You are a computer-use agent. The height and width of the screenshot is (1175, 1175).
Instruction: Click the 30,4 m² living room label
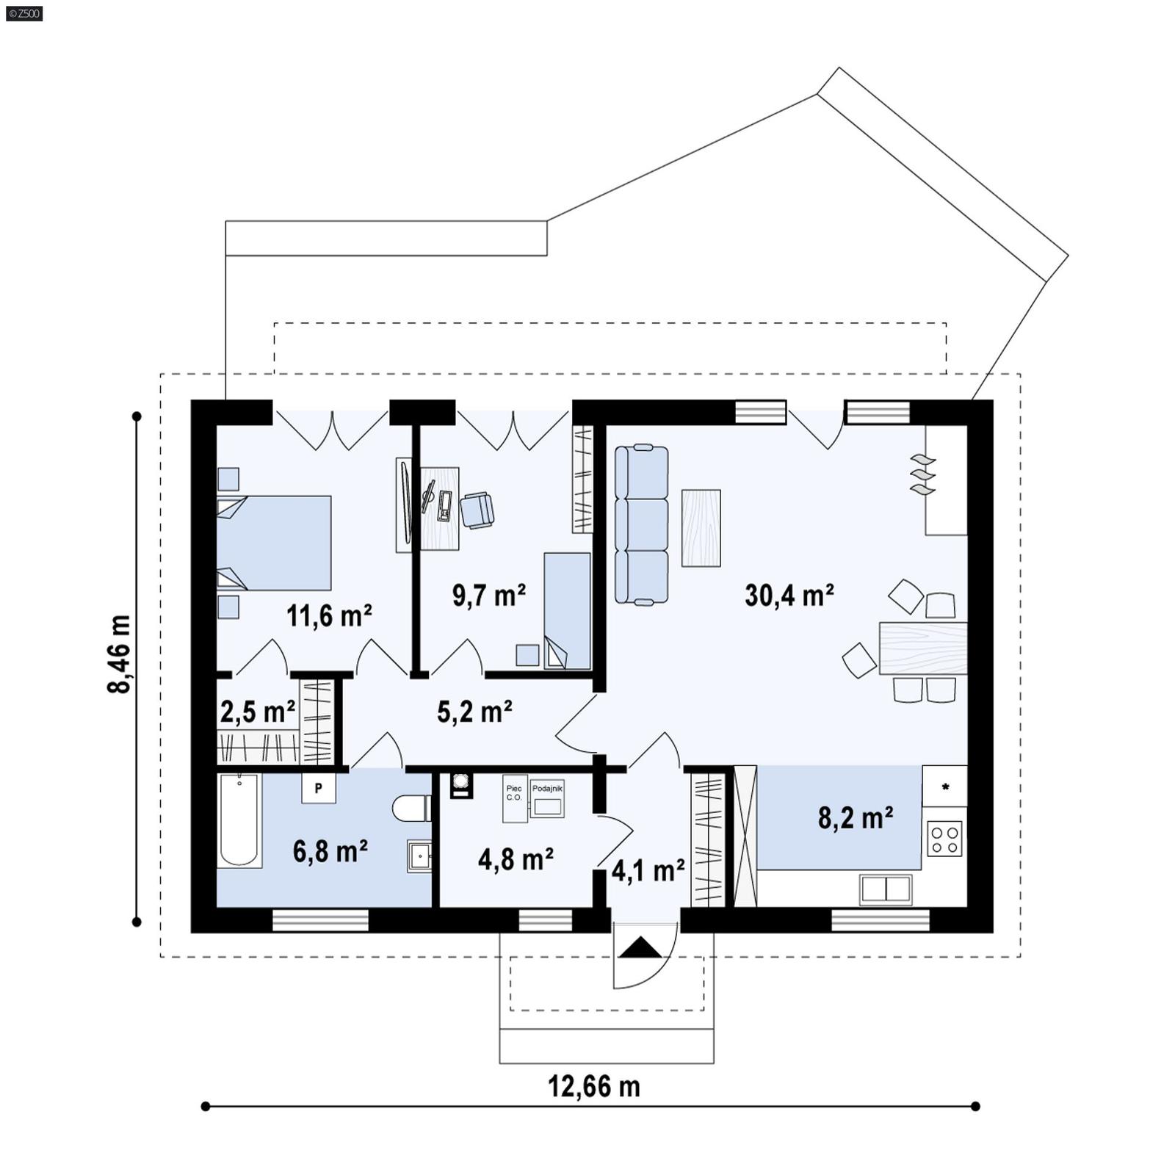(789, 595)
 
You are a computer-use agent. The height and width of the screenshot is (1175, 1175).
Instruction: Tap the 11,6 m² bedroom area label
(328, 615)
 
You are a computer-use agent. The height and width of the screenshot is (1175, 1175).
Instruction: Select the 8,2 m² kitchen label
(856, 817)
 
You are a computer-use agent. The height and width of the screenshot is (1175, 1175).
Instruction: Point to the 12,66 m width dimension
(593, 1086)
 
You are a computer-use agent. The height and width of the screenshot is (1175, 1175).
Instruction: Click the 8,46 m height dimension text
(119, 654)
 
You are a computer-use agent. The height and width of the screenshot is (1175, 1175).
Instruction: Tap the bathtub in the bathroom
(239, 820)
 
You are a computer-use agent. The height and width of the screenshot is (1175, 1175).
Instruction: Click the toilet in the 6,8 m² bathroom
(411, 809)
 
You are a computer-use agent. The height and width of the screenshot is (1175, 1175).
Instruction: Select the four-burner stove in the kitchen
(944, 839)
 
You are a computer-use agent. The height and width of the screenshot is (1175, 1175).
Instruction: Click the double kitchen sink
(886, 889)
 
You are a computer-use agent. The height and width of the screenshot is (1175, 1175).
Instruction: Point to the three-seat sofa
(642, 524)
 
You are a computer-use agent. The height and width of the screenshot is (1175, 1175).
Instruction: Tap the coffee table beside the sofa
(701, 528)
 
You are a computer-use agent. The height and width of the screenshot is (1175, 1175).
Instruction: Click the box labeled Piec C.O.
(514, 798)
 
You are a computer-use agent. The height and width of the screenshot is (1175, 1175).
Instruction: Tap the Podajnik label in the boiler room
(547, 788)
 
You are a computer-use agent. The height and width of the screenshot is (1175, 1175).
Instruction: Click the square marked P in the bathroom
(319, 788)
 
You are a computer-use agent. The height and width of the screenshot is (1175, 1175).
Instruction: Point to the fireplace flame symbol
(923, 474)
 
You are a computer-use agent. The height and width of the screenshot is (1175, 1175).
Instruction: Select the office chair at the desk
(477, 510)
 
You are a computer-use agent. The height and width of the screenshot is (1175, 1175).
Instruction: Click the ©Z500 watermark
(23, 12)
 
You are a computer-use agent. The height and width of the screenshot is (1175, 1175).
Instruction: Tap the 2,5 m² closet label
(257, 712)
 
